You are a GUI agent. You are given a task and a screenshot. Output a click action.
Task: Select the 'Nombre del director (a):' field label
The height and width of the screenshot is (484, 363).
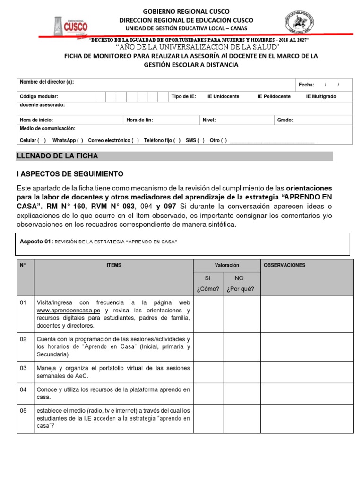tap(47, 82)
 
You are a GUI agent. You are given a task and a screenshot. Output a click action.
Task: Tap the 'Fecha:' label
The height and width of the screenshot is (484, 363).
tap(306, 85)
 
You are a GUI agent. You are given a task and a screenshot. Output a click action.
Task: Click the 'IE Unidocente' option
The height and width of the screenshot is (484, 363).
tap(223, 96)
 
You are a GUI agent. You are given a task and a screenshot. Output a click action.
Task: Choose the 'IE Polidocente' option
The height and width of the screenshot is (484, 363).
tap(274, 96)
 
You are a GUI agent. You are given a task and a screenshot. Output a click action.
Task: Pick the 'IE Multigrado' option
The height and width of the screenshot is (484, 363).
tap(321, 96)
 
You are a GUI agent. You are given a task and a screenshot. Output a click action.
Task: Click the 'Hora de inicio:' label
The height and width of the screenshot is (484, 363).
tap(36, 120)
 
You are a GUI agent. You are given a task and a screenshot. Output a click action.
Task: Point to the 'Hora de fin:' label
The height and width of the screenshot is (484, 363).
tap(139, 120)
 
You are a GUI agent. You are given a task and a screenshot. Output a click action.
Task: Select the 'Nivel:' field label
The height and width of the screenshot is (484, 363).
tap(209, 120)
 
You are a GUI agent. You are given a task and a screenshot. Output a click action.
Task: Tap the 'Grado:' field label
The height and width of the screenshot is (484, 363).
tap(285, 120)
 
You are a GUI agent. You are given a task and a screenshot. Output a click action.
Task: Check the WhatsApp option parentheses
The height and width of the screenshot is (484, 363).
tap(79, 140)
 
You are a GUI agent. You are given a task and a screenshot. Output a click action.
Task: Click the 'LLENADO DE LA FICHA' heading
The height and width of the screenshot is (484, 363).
tap(57, 156)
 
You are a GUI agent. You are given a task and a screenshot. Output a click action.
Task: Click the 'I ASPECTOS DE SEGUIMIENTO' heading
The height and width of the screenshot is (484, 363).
tap(69, 174)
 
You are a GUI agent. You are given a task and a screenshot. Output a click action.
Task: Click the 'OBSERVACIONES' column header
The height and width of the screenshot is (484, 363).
tap(284, 265)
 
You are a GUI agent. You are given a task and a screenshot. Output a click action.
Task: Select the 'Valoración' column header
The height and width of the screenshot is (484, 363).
tap(227, 266)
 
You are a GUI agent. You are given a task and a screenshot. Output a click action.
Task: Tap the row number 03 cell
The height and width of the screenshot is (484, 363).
tap(24, 368)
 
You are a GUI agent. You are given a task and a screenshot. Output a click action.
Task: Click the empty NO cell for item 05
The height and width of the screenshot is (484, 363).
tap(242, 418)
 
